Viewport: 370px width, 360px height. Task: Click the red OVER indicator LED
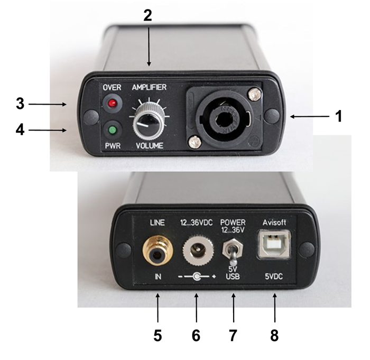click(113, 104)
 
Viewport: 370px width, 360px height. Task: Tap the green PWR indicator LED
click(113, 130)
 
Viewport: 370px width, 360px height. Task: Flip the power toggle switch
click(233, 251)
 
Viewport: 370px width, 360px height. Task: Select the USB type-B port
click(274, 245)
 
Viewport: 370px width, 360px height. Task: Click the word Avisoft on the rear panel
click(274, 223)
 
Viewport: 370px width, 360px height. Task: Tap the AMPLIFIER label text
click(149, 87)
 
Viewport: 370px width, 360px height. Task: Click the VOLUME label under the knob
click(150, 145)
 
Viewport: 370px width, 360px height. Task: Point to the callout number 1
click(339, 116)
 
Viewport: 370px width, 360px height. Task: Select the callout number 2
click(147, 15)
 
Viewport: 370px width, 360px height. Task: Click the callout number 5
click(158, 335)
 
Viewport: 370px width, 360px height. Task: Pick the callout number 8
click(274, 335)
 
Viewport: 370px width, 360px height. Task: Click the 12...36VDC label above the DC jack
click(196, 223)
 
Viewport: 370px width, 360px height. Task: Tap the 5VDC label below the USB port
click(274, 276)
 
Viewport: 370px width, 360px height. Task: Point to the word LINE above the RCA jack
click(158, 223)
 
